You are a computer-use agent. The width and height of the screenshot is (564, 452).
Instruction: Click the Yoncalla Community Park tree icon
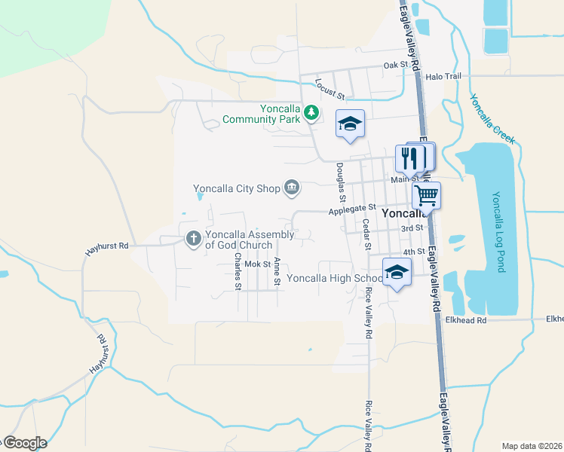coord(311,113)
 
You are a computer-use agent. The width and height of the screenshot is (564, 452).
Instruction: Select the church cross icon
coord(193,240)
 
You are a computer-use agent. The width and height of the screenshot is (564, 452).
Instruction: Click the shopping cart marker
coord(426,195)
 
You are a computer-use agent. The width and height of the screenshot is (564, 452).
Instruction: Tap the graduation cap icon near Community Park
coord(350,124)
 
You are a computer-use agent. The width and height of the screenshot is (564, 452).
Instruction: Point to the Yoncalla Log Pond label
coord(497,231)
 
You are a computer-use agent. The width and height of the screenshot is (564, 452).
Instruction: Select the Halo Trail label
coord(443,77)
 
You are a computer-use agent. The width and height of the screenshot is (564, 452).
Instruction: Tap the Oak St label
coord(395,66)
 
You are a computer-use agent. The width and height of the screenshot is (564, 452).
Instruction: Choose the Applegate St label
coord(351,210)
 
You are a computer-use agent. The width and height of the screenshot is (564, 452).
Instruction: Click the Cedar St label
coord(366,234)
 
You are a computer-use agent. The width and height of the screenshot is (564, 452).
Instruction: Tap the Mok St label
coord(257,264)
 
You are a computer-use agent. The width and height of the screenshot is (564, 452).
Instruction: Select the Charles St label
coord(238,271)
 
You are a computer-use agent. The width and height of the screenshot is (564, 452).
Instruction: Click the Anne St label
coord(277,272)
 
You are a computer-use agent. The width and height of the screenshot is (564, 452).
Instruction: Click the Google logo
coord(25,443)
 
